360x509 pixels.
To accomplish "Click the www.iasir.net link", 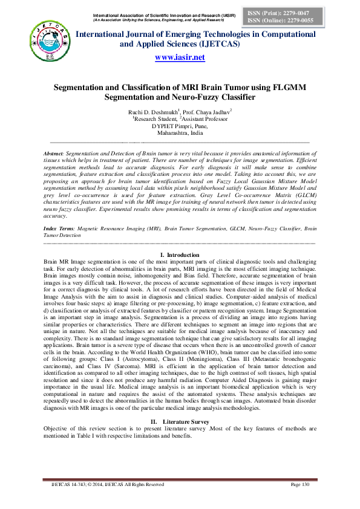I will point(180,57).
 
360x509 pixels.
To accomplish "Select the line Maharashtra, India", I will point(180,133).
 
